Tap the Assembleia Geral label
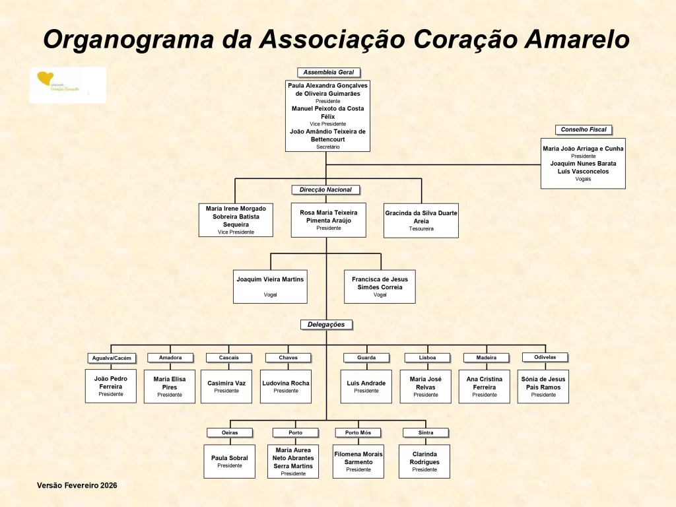[329, 73]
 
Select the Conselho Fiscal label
[584, 130]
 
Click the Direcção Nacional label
[326, 190]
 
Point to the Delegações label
[326, 325]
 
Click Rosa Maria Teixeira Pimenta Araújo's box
[328, 220]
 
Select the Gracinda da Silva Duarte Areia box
[421, 220]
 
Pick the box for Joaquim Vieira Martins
[270, 286]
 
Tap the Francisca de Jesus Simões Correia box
[380, 286]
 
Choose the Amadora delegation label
[169, 358]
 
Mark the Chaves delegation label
[288, 358]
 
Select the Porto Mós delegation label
[358, 433]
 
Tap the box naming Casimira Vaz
[226, 386]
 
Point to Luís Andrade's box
[366, 386]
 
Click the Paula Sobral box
[230, 461]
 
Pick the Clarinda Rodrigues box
[424, 461]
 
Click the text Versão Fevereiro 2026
[77, 485]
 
